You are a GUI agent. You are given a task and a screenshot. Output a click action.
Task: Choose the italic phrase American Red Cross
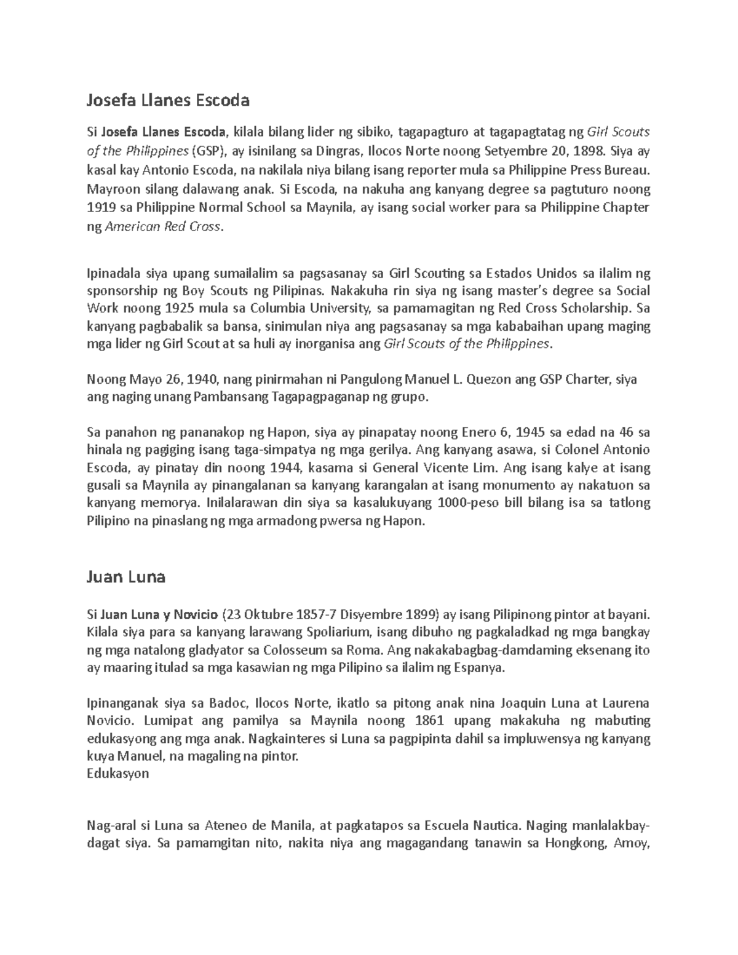(162, 226)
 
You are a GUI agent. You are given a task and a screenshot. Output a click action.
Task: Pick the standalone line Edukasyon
(118, 774)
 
